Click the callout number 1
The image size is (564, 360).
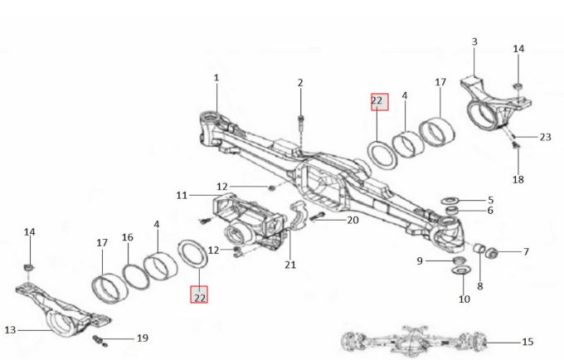[x=216, y=77]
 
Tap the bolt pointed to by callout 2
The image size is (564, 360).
[x=301, y=122]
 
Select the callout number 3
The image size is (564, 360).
[x=474, y=41]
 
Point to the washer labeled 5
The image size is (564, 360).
[x=450, y=200]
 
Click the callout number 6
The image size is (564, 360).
[x=490, y=211]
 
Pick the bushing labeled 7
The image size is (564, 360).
[x=491, y=253]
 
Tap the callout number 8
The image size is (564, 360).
[x=480, y=286]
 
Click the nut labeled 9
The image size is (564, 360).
[x=459, y=260]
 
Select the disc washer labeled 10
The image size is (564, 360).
[x=461, y=270]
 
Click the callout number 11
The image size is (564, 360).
[x=182, y=195]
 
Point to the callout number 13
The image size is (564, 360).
[x=10, y=330]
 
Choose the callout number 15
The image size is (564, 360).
[x=528, y=342]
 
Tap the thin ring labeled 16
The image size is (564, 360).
[x=135, y=277]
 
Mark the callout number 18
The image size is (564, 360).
[x=518, y=179]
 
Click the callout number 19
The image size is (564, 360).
[x=143, y=338]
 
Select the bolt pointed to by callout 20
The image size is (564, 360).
[x=317, y=216]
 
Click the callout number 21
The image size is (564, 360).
[x=290, y=265]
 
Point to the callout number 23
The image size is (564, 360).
[x=545, y=137]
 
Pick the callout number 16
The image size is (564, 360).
[x=128, y=237]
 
